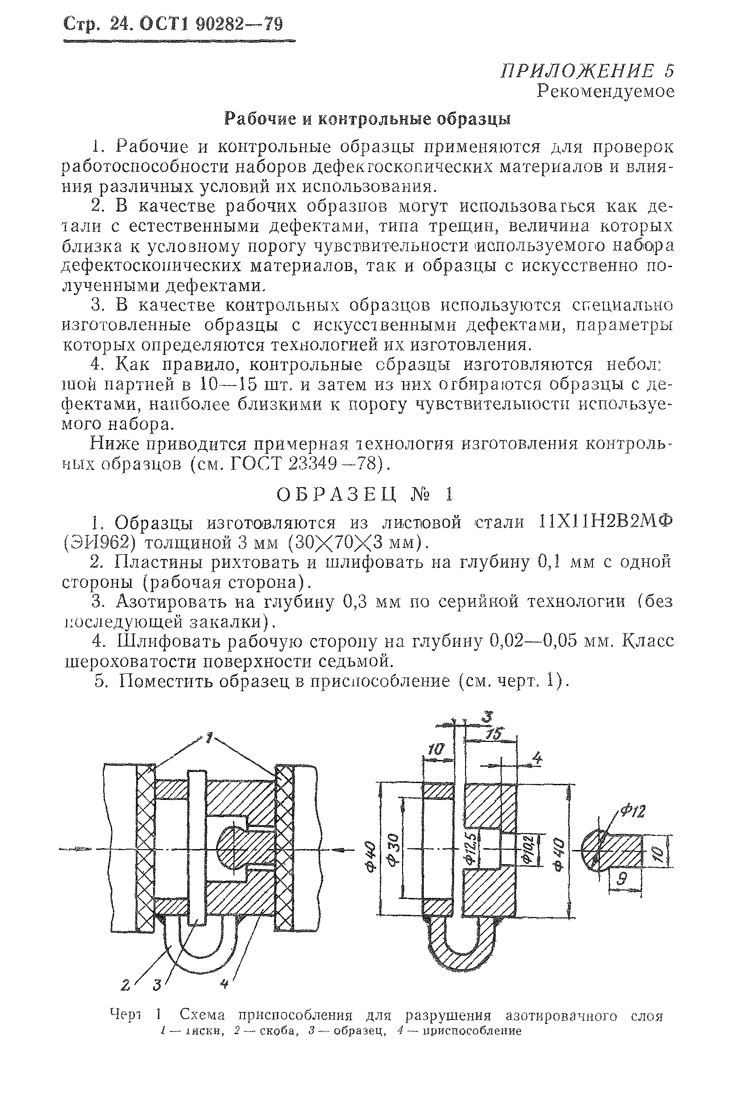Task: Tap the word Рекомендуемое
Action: point(605,91)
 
